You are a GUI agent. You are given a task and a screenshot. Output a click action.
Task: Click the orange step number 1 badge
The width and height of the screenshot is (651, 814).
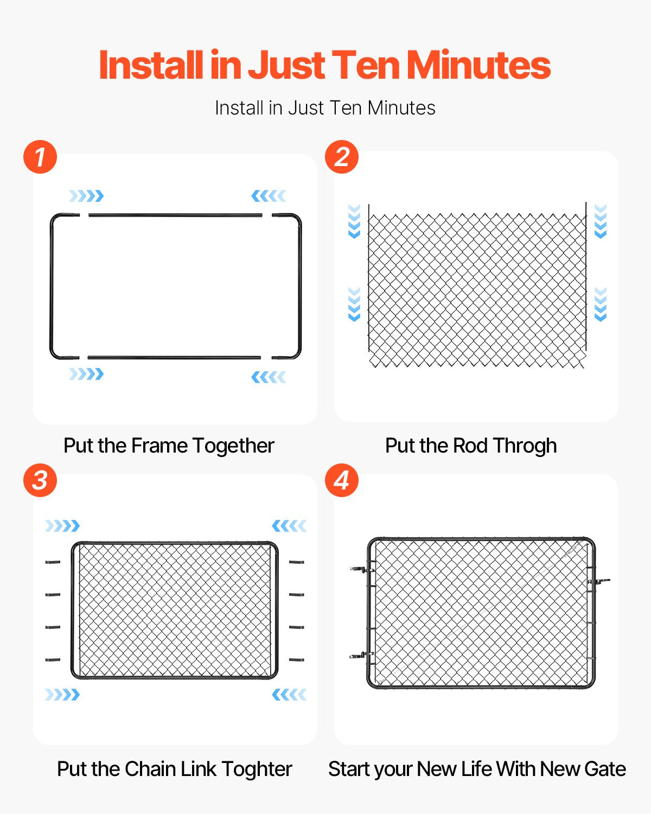tap(40, 157)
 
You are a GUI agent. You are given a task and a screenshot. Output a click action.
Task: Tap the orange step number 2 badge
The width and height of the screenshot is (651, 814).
tap(342, 157)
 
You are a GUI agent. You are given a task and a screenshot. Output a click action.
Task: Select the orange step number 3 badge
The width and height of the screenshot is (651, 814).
tap(40, 480)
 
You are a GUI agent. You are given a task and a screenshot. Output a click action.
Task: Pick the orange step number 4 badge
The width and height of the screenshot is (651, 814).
tap(342, 480)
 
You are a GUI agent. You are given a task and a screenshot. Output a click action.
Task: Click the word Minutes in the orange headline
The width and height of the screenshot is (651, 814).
tap(478, 65)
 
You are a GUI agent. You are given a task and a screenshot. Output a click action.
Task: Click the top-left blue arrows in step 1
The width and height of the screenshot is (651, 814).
tap(86, 196)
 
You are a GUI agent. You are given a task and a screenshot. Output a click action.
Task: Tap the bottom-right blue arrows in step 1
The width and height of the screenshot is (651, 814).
tap(269, 377)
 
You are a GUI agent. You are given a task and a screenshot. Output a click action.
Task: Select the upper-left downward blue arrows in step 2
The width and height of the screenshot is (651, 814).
tap(354, 221)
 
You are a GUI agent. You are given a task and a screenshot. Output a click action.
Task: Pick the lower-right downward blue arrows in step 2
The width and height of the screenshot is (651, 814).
tap(601, 304)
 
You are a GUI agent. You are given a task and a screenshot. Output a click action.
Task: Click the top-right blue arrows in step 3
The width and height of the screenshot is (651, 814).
tap(289, 525)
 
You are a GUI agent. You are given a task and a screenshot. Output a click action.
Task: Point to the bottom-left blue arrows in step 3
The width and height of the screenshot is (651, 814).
tap(62, 695)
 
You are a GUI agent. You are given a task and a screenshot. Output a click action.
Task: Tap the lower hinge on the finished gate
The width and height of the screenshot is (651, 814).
tap(361, 656)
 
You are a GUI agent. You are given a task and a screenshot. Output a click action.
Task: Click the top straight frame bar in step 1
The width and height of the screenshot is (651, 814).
tap(175, 215)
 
